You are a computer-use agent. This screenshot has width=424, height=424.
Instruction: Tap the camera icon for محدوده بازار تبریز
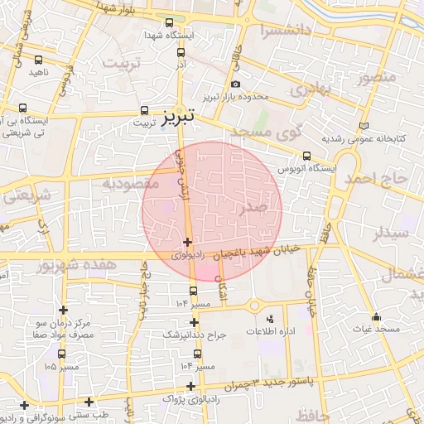(x=236, y=84)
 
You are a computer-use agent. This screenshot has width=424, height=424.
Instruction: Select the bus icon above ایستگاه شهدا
(x=170, y=23)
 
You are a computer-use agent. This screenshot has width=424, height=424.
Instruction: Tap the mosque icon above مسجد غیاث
(x=376, y=316)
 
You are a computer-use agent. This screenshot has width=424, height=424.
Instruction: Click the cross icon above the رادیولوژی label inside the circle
(x=188, y=243)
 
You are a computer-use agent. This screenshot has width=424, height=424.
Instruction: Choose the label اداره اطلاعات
(x=268, y=331)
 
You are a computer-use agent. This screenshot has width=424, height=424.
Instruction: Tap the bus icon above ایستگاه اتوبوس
(x=307, y=155)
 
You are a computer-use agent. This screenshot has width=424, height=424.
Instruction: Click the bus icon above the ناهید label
(x=39, y=59)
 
